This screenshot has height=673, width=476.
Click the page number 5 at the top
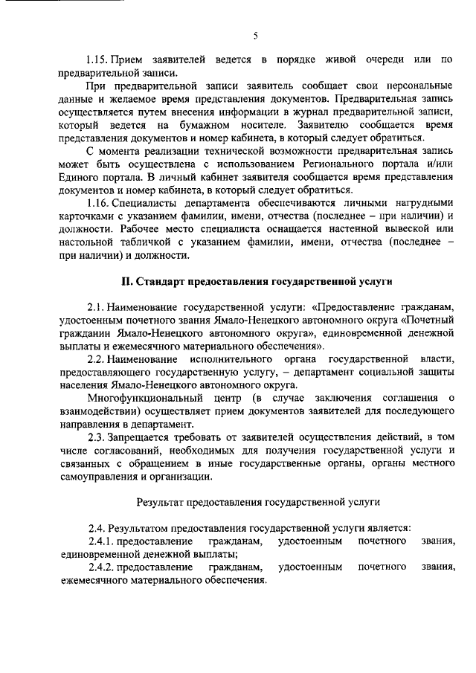click(254, 36)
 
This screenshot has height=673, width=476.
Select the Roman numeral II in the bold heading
click(126, 281)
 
